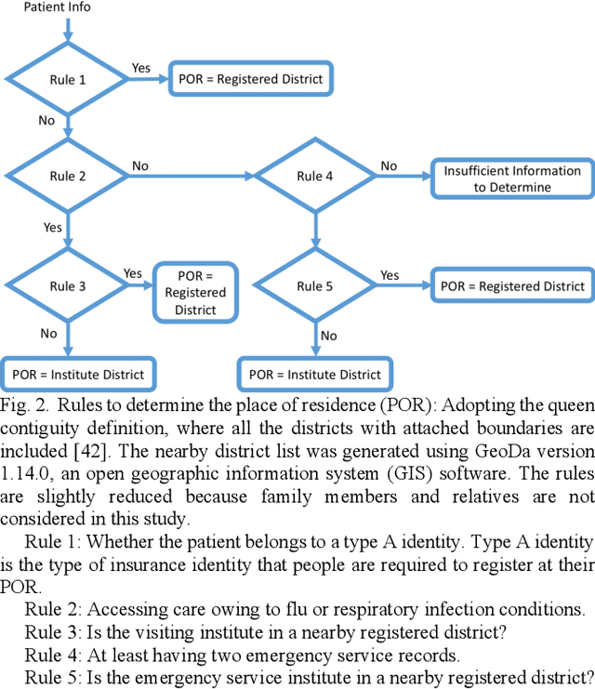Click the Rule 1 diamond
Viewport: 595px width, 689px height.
(68, 80)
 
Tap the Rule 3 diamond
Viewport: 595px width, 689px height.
(68, 286)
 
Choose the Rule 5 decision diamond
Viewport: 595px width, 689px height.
(314, 286)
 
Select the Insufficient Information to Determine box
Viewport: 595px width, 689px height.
(511, 179)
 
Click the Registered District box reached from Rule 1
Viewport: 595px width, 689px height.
(250, 79)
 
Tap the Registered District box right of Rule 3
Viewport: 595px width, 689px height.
(195, 293)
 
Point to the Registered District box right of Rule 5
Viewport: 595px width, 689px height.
(512, 286)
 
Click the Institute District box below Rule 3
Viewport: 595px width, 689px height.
(78, 374)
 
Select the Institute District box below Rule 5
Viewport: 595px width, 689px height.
(315, 374)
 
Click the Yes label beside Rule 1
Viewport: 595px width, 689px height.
(141, 68)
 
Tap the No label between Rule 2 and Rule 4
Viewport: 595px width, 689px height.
(139, 166)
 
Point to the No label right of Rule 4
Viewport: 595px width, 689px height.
(389, 166)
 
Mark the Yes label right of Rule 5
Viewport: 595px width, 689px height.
(390, 275)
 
